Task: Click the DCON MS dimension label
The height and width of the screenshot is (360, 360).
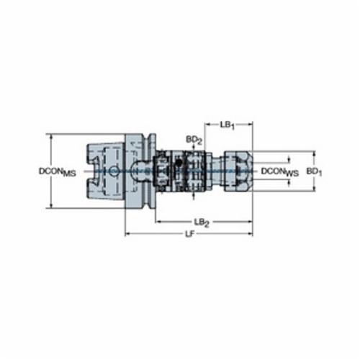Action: [58, 171]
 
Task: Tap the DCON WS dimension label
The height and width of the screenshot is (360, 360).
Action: [280, 172]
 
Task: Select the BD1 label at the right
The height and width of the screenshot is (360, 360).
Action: [314, 171]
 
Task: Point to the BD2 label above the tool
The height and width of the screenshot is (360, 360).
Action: [194, 140]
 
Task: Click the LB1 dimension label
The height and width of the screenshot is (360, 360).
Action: [227, 125]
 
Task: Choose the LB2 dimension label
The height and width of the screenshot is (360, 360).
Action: [202, 222]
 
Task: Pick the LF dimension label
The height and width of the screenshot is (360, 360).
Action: [189, 234]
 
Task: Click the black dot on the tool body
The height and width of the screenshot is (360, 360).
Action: [179, 163]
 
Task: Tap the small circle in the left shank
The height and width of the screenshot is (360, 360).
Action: [114, 171]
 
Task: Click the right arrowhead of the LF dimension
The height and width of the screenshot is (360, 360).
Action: [251, 233]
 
